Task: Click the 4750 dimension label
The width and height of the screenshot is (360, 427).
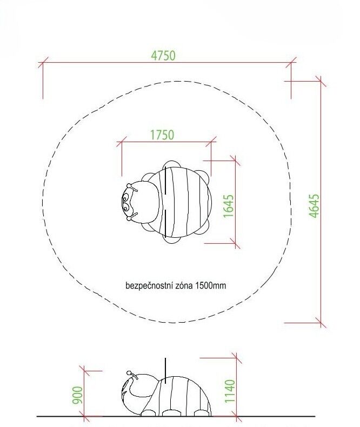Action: [x=163, y=56]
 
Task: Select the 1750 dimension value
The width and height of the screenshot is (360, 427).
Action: [x=162, y=135]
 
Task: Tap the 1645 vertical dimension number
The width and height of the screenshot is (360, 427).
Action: [x=229, y=206]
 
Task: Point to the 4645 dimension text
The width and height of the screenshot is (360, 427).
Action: [x=314, y=205]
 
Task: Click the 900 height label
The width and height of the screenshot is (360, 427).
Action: [x=78, y=395]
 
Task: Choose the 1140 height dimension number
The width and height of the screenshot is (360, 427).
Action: [x=230, y=391]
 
